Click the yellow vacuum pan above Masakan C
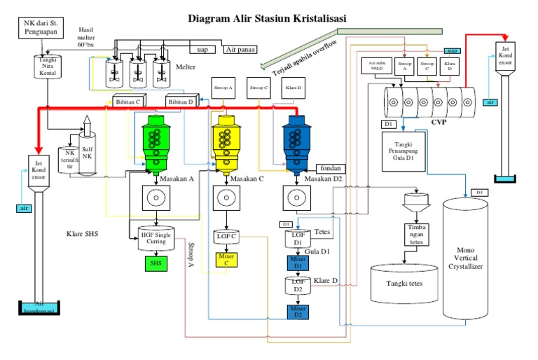pos(226,141)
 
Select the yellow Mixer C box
pos(226,259)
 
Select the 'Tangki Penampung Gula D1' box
pos(403,153)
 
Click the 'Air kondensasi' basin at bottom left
pos(38,306)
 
